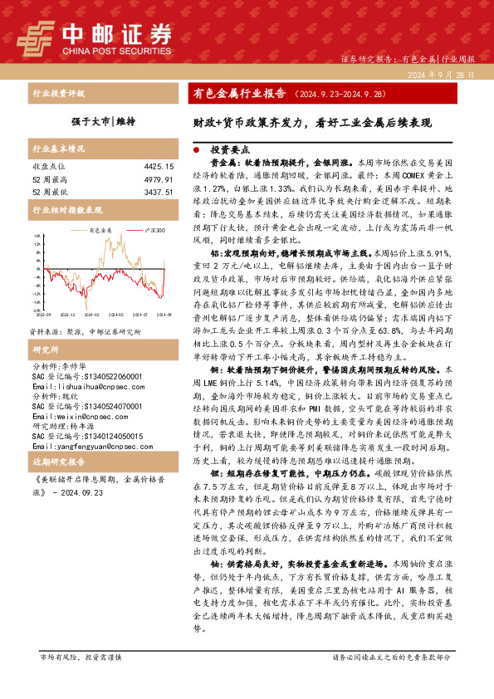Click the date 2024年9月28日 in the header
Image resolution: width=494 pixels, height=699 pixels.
(441, 75)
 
